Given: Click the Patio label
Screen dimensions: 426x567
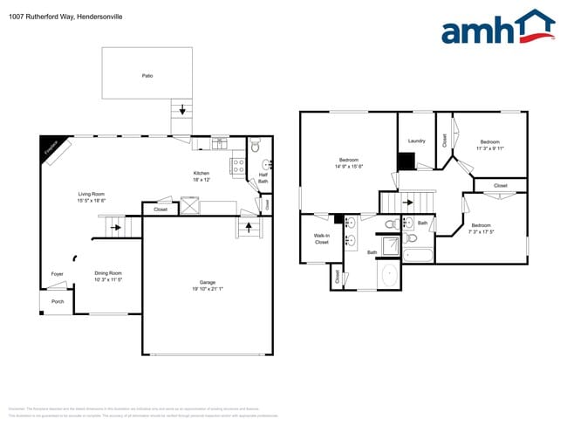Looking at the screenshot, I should tap(147, 76).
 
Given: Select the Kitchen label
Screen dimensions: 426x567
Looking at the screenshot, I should tap(202, 173).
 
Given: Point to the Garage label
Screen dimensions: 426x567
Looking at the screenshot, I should tap(207, 282).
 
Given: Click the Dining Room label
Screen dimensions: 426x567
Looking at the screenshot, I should tap(108, 273).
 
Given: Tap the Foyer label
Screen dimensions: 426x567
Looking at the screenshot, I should tap(57, 273).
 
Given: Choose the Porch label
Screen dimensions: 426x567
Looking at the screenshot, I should tap(57, 301).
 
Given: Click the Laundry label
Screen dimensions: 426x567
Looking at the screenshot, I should tap(416, 141).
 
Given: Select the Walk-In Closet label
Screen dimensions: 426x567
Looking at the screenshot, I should tap(322, 238).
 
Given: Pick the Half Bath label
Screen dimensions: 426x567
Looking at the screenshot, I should tap(263, 177).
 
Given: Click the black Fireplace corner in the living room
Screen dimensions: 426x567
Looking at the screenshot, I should tap(51, 148).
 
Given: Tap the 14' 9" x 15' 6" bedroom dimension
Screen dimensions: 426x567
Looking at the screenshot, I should tap(349, 166).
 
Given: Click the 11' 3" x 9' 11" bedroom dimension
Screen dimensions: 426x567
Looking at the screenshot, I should tap(489, 148).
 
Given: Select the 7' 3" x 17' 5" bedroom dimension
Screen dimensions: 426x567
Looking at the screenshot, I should tap(482, 231).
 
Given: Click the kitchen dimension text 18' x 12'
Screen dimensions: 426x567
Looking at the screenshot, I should tap(202, 180).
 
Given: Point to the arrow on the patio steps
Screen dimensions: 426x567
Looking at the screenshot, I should tap(182, 110).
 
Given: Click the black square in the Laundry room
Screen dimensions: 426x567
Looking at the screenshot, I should tap(405, 161).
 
